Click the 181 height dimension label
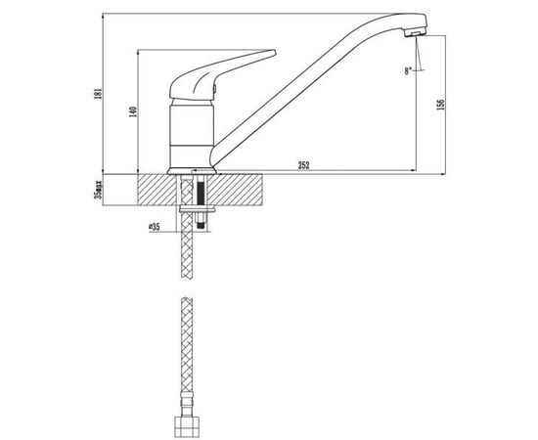98,94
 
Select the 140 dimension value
133,111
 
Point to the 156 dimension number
440,105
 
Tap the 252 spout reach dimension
303,165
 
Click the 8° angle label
408,71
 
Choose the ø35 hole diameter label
155,227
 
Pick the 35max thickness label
99,190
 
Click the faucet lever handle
221,76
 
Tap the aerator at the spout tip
415,32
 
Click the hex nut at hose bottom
187,426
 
